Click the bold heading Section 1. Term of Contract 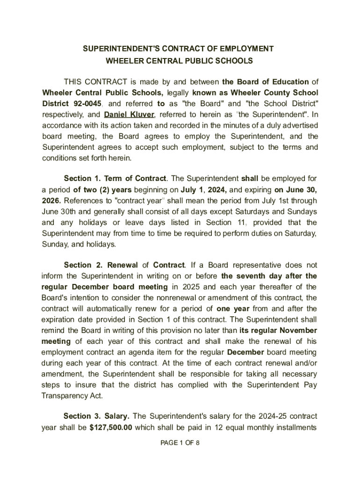pyautogui.click(x=115, y=179)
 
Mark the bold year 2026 pyautogui.click(x=51, y=201)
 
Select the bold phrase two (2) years pyautogui.click(x=96, y=190)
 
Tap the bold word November pyautogui.click(x=295, y=330)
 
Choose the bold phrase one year pyautogui.click(x=233, y=309)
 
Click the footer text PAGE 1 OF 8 pyautogui.click(x=180, y=443)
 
